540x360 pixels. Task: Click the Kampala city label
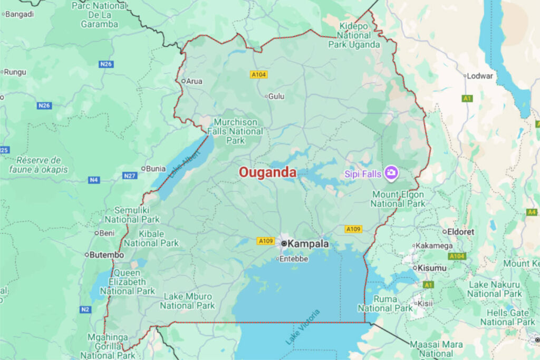[308, 244]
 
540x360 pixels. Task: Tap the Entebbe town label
[293, 259]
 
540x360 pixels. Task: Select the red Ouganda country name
[267, 172]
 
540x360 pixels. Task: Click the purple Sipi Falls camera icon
[391, 173]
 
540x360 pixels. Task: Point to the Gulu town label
[276, 96]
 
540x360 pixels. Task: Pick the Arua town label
[194, 81]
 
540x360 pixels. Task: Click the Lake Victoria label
[303, 327]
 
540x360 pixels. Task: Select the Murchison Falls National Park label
[235, 131]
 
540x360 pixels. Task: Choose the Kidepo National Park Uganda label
[355, 35]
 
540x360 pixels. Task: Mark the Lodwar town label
[480, 76]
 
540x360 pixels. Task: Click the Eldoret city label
[461, 231]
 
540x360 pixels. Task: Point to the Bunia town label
[155, 169]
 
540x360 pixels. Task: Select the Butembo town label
[107, 255]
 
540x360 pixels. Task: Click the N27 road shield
[130, 176]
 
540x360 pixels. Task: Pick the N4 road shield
[94, 180]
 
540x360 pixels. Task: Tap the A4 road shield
[531, 212]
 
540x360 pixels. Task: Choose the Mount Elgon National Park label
[398, 199]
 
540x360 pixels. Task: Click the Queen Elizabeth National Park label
[127, 282]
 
